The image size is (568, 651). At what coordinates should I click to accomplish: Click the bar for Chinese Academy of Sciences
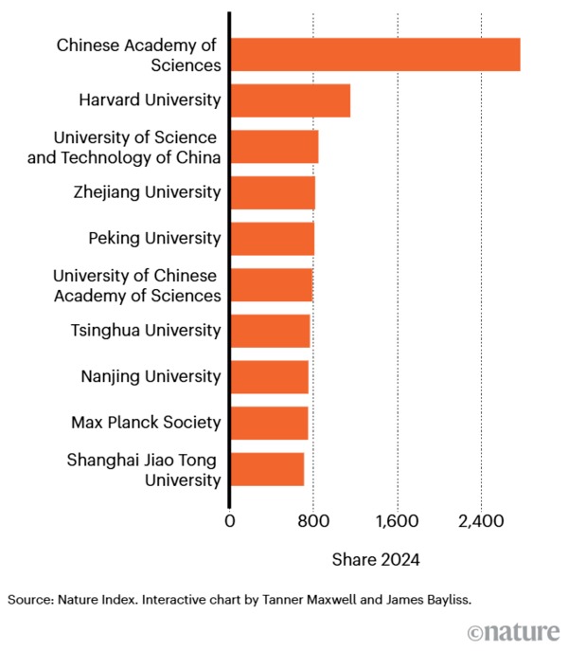tap(375, 54)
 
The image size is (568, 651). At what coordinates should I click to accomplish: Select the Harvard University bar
tap(290, 100)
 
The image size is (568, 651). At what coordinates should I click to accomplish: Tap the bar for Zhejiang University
tap(273, 192)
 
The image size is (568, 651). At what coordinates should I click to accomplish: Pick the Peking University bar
tap(272, 239)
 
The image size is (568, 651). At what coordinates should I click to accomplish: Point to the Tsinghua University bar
tap(270, 331)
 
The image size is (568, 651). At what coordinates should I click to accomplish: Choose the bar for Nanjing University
tap(269, 377)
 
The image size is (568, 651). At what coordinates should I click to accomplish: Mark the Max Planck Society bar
tap(269, 423)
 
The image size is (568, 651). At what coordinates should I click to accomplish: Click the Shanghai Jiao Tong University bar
tap(267, 469)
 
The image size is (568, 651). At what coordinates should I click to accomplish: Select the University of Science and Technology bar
tap(274, 147)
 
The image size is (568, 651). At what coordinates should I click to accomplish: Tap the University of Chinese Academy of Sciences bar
tap(271, 284)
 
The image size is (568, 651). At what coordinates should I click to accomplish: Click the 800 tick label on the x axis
tap(313, 519)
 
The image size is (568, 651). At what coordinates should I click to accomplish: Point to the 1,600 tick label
tap(397, 519)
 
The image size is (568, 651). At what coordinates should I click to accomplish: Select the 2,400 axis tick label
tap(481, 519)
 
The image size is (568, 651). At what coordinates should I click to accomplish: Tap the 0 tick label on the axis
tap(229, 519)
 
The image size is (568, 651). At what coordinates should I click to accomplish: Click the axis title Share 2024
tap(375, 559)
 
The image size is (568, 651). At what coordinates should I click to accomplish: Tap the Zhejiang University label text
tap(147, 192)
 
